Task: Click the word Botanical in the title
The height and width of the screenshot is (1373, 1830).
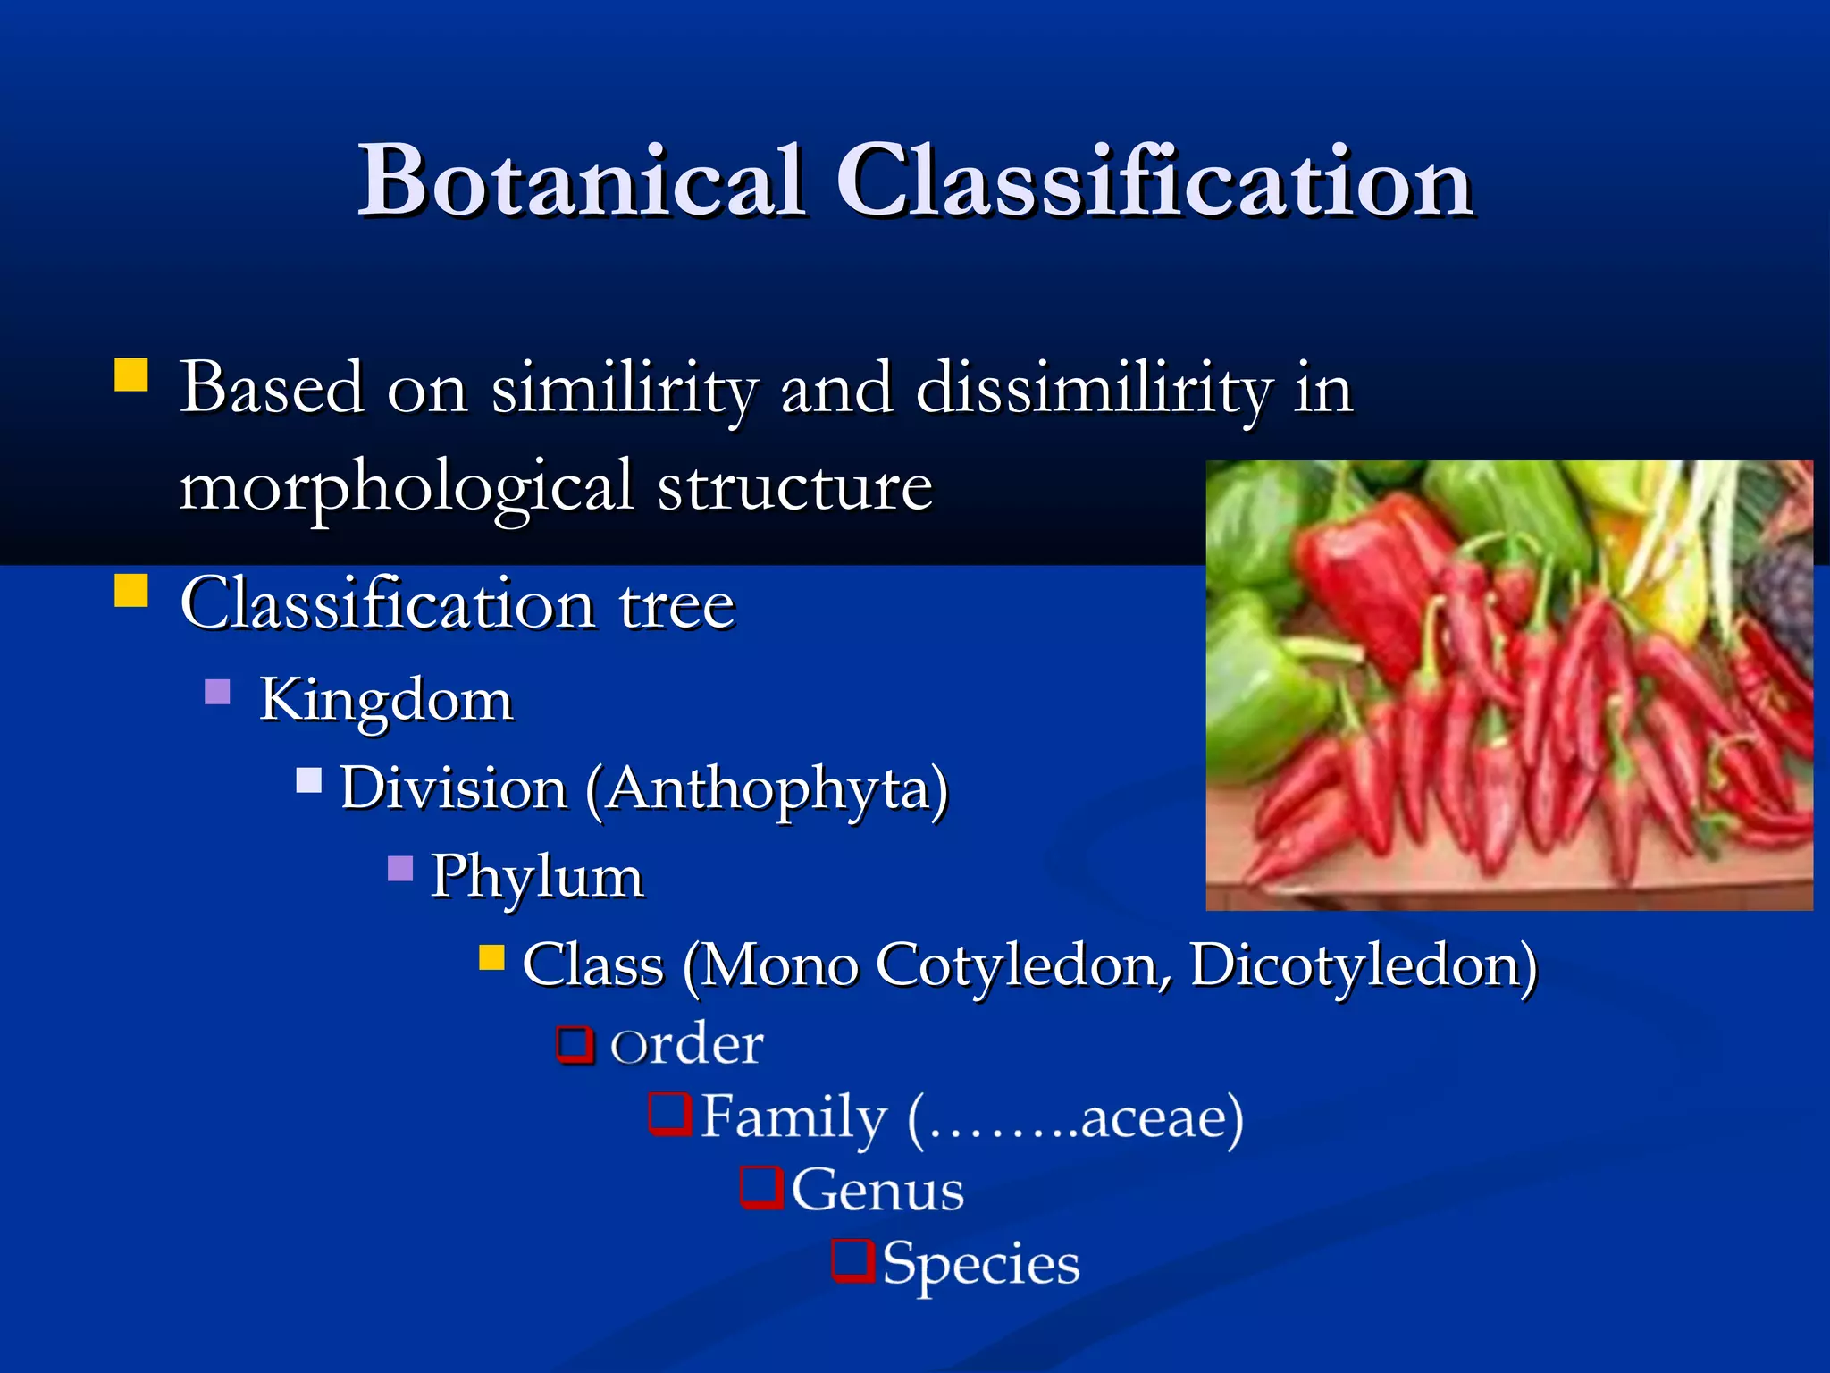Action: pyautogui.click(x=581, y=181)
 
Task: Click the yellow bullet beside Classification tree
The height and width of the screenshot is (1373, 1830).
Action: pyautogui.click(x=131, y=591)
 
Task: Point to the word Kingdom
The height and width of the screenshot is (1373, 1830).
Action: pyautogui.click(x=386, y=699)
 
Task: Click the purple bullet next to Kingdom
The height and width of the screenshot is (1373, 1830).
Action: pyautogui.click(x=217, y=692)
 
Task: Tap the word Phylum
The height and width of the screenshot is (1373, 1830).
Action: pyautogui.click(x=537, y=876)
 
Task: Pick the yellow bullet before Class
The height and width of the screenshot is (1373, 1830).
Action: pyautogui.click(x=491, y=958)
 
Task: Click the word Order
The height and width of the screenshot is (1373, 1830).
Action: pyautogui.click(x=686, y=1043)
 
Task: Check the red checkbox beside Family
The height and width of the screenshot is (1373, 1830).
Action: pyautogui.click(x=670, y=1114)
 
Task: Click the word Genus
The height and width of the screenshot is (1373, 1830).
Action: pyautogui.click(x=877, y=1191)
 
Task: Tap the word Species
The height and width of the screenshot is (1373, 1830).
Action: pyautogui.click(x=981, y=1265)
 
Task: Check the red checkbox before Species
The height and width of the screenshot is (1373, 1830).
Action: pyautogui.click(x=852, y=1259)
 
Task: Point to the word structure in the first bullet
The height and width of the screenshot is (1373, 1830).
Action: pyautogui.click(x=795, y=487)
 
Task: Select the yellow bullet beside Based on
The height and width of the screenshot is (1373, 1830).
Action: pyautogui.click(x=131, y=375)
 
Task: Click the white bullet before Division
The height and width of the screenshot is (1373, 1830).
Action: pyautogui.click(x=309, y=780)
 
